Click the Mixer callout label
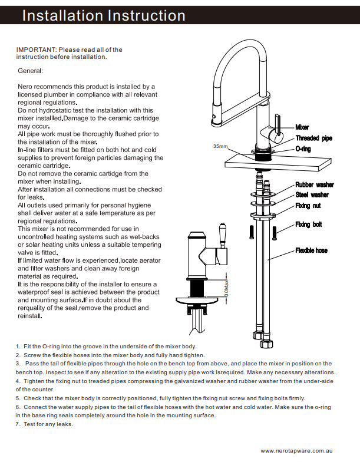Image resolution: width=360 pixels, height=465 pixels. point(302,127)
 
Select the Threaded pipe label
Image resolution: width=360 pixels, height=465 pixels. point(313,138)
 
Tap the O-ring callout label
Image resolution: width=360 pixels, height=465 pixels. point(303,149)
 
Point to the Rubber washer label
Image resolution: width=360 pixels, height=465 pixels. point(314,185)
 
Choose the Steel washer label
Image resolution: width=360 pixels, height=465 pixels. point(312,195)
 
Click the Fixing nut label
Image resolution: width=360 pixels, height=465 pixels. point(308,206)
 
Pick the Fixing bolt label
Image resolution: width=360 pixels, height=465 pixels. point(308,225)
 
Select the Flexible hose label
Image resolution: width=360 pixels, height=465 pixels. point(311,250)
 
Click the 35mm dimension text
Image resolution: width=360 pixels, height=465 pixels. point(220,146)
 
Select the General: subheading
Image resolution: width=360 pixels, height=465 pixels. point(30,71)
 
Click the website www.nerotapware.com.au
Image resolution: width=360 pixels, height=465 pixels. point(297,450)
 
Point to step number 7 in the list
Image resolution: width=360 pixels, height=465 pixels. point(18,424)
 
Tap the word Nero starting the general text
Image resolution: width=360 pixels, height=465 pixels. point(26,87)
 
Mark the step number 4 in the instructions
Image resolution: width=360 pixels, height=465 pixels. point(18,381)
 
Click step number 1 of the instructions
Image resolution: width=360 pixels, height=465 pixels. point(18,347)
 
